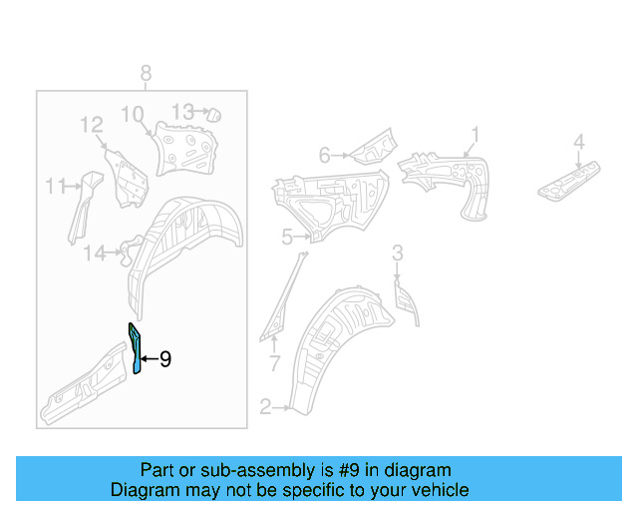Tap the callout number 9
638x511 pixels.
click(165, 359)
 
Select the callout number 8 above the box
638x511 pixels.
click(146, 73)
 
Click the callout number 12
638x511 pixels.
click(92, 125)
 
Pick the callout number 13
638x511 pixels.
click(182, 111)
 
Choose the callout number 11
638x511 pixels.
click(55, 185)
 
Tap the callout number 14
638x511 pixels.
click(94, 254)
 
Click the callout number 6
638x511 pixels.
click(324, 155)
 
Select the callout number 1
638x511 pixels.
click(476, 134)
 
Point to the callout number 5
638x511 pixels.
click(287, 237)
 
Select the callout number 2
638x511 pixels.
click(265, 406)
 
